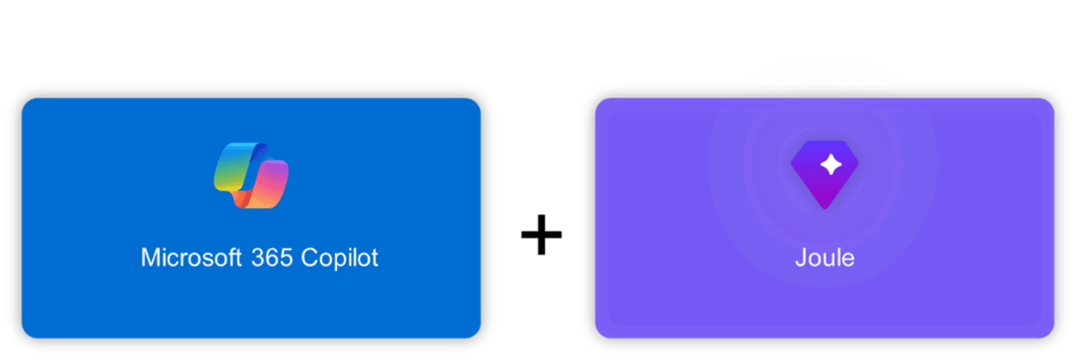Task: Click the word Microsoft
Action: (x=191, y=257)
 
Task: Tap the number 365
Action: (x=272, y=258)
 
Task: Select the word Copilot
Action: (x=340, y=258)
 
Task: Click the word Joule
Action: (x=825, y=258)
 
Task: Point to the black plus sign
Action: (x=542, y=234)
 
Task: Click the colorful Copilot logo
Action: (x=251, y=175)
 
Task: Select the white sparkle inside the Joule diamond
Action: (x=831, y=165)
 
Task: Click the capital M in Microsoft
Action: (x=151, y=257)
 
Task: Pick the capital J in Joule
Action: (x=802, y=258)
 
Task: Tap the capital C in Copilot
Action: (x=310, y=258)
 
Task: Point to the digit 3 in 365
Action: (x=258, y=258)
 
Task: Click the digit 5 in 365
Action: (x=287, y=258)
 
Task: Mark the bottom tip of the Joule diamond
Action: (x=825, y=209)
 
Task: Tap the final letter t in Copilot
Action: (x=375, y=258)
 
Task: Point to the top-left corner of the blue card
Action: (x=22, y=99)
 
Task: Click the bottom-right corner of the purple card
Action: (x=1054, y=338)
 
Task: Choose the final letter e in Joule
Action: (x=849, y=261)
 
